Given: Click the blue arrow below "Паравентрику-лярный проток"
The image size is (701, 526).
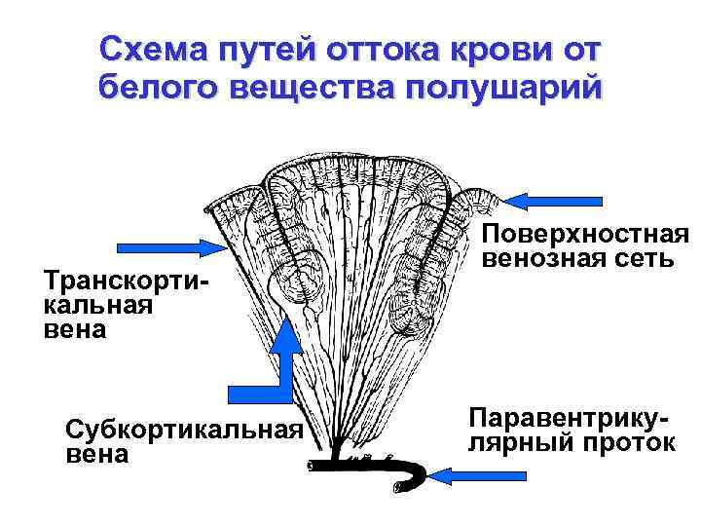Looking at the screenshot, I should click(478, 474).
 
